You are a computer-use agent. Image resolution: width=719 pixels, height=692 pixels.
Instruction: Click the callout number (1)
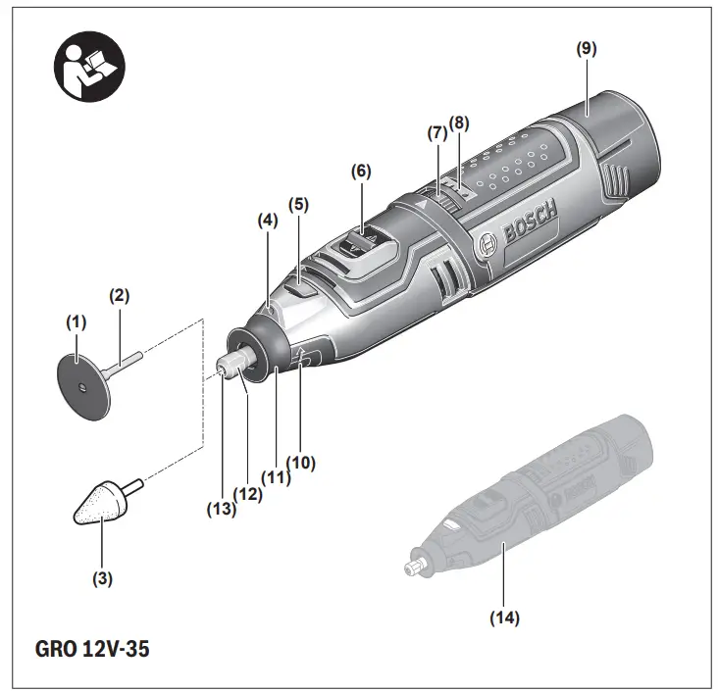tap(76, 321)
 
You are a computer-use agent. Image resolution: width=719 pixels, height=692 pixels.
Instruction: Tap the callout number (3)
tap(103, 578)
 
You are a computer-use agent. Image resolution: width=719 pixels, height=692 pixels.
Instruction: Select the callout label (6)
tap(362, 170)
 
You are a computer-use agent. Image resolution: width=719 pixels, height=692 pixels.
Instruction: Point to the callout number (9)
tap(587, 47)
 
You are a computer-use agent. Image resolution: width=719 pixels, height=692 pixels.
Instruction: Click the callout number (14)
tap(505, 618)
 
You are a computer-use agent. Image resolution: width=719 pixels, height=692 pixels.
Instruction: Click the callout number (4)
tap(267, 222)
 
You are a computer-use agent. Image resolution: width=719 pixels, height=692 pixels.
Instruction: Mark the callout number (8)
tap(459, 123)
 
